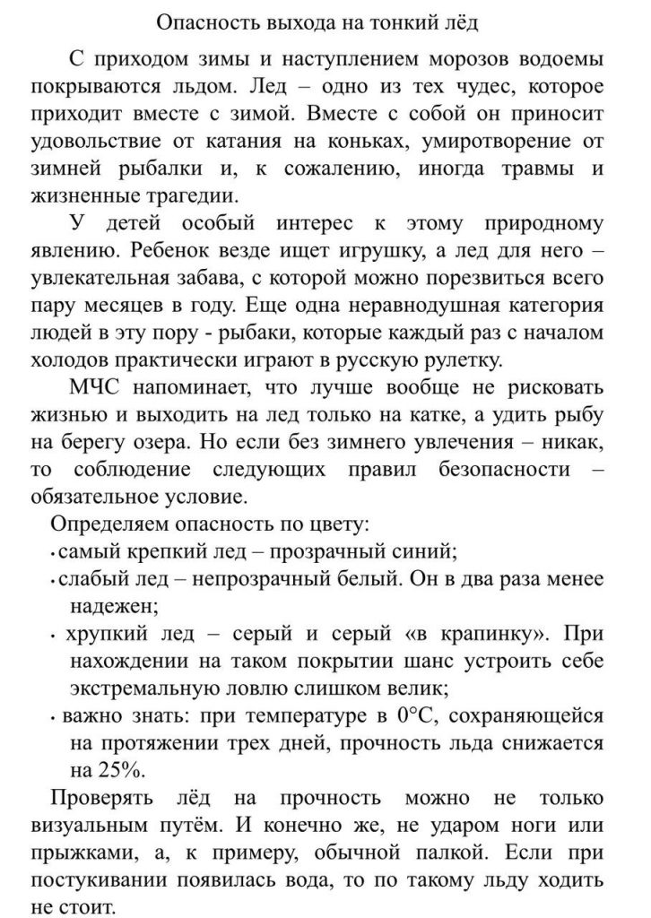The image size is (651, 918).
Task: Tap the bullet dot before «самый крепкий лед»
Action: coord(55,551)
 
